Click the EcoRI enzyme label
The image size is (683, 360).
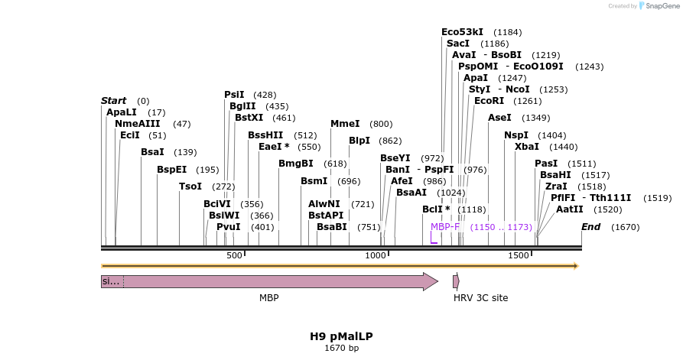click(489, 101)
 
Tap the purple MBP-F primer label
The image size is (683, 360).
click(445, 227)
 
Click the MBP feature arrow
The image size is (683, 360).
click(275, 281)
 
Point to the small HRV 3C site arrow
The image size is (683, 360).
click(456, 281)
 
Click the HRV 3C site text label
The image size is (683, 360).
click(480, 297)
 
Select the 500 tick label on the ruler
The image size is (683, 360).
click(233, 255)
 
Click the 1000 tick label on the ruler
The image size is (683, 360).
click(375, 255)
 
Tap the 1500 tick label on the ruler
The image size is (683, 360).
click(519, 255)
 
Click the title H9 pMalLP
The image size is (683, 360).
click(341, 336)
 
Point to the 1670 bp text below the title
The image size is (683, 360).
click(341, 349)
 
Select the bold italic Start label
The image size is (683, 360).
click(113, 101)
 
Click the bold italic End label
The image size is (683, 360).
click(590, 227)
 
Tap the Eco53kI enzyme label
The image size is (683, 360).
click(462, 32)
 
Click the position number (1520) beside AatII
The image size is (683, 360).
click(607, 209)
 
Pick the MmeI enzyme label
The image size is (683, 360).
click(345, 124)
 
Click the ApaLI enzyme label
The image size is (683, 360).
click(122, 112)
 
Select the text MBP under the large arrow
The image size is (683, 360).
click(268, 297)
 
